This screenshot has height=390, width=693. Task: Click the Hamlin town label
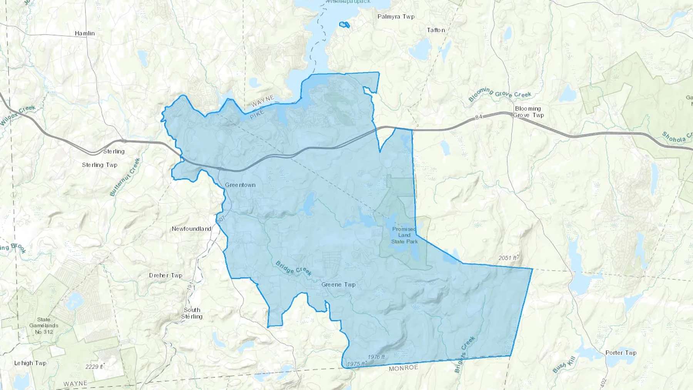85,33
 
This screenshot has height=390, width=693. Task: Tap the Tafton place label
436,30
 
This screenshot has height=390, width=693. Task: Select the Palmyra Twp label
396,17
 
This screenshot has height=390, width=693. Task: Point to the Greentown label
240,185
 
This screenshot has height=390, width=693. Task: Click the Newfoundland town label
191,229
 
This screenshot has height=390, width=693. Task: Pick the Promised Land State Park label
404,235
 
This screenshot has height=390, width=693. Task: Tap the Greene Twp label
338,285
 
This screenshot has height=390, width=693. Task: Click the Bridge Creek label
293,269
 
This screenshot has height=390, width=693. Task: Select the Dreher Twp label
166,275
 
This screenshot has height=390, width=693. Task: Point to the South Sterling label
192,313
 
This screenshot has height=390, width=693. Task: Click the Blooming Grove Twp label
528,112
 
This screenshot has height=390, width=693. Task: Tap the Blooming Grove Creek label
499,94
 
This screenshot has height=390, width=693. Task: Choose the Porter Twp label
621,353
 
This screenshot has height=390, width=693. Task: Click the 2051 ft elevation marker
507,258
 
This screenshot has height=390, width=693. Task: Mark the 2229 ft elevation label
94,367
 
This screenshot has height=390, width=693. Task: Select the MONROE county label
403,368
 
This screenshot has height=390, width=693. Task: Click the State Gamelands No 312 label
44,325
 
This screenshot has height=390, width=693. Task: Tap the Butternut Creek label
125,177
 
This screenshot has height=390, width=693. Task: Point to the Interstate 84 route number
479,117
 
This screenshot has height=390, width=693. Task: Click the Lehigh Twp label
30,363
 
